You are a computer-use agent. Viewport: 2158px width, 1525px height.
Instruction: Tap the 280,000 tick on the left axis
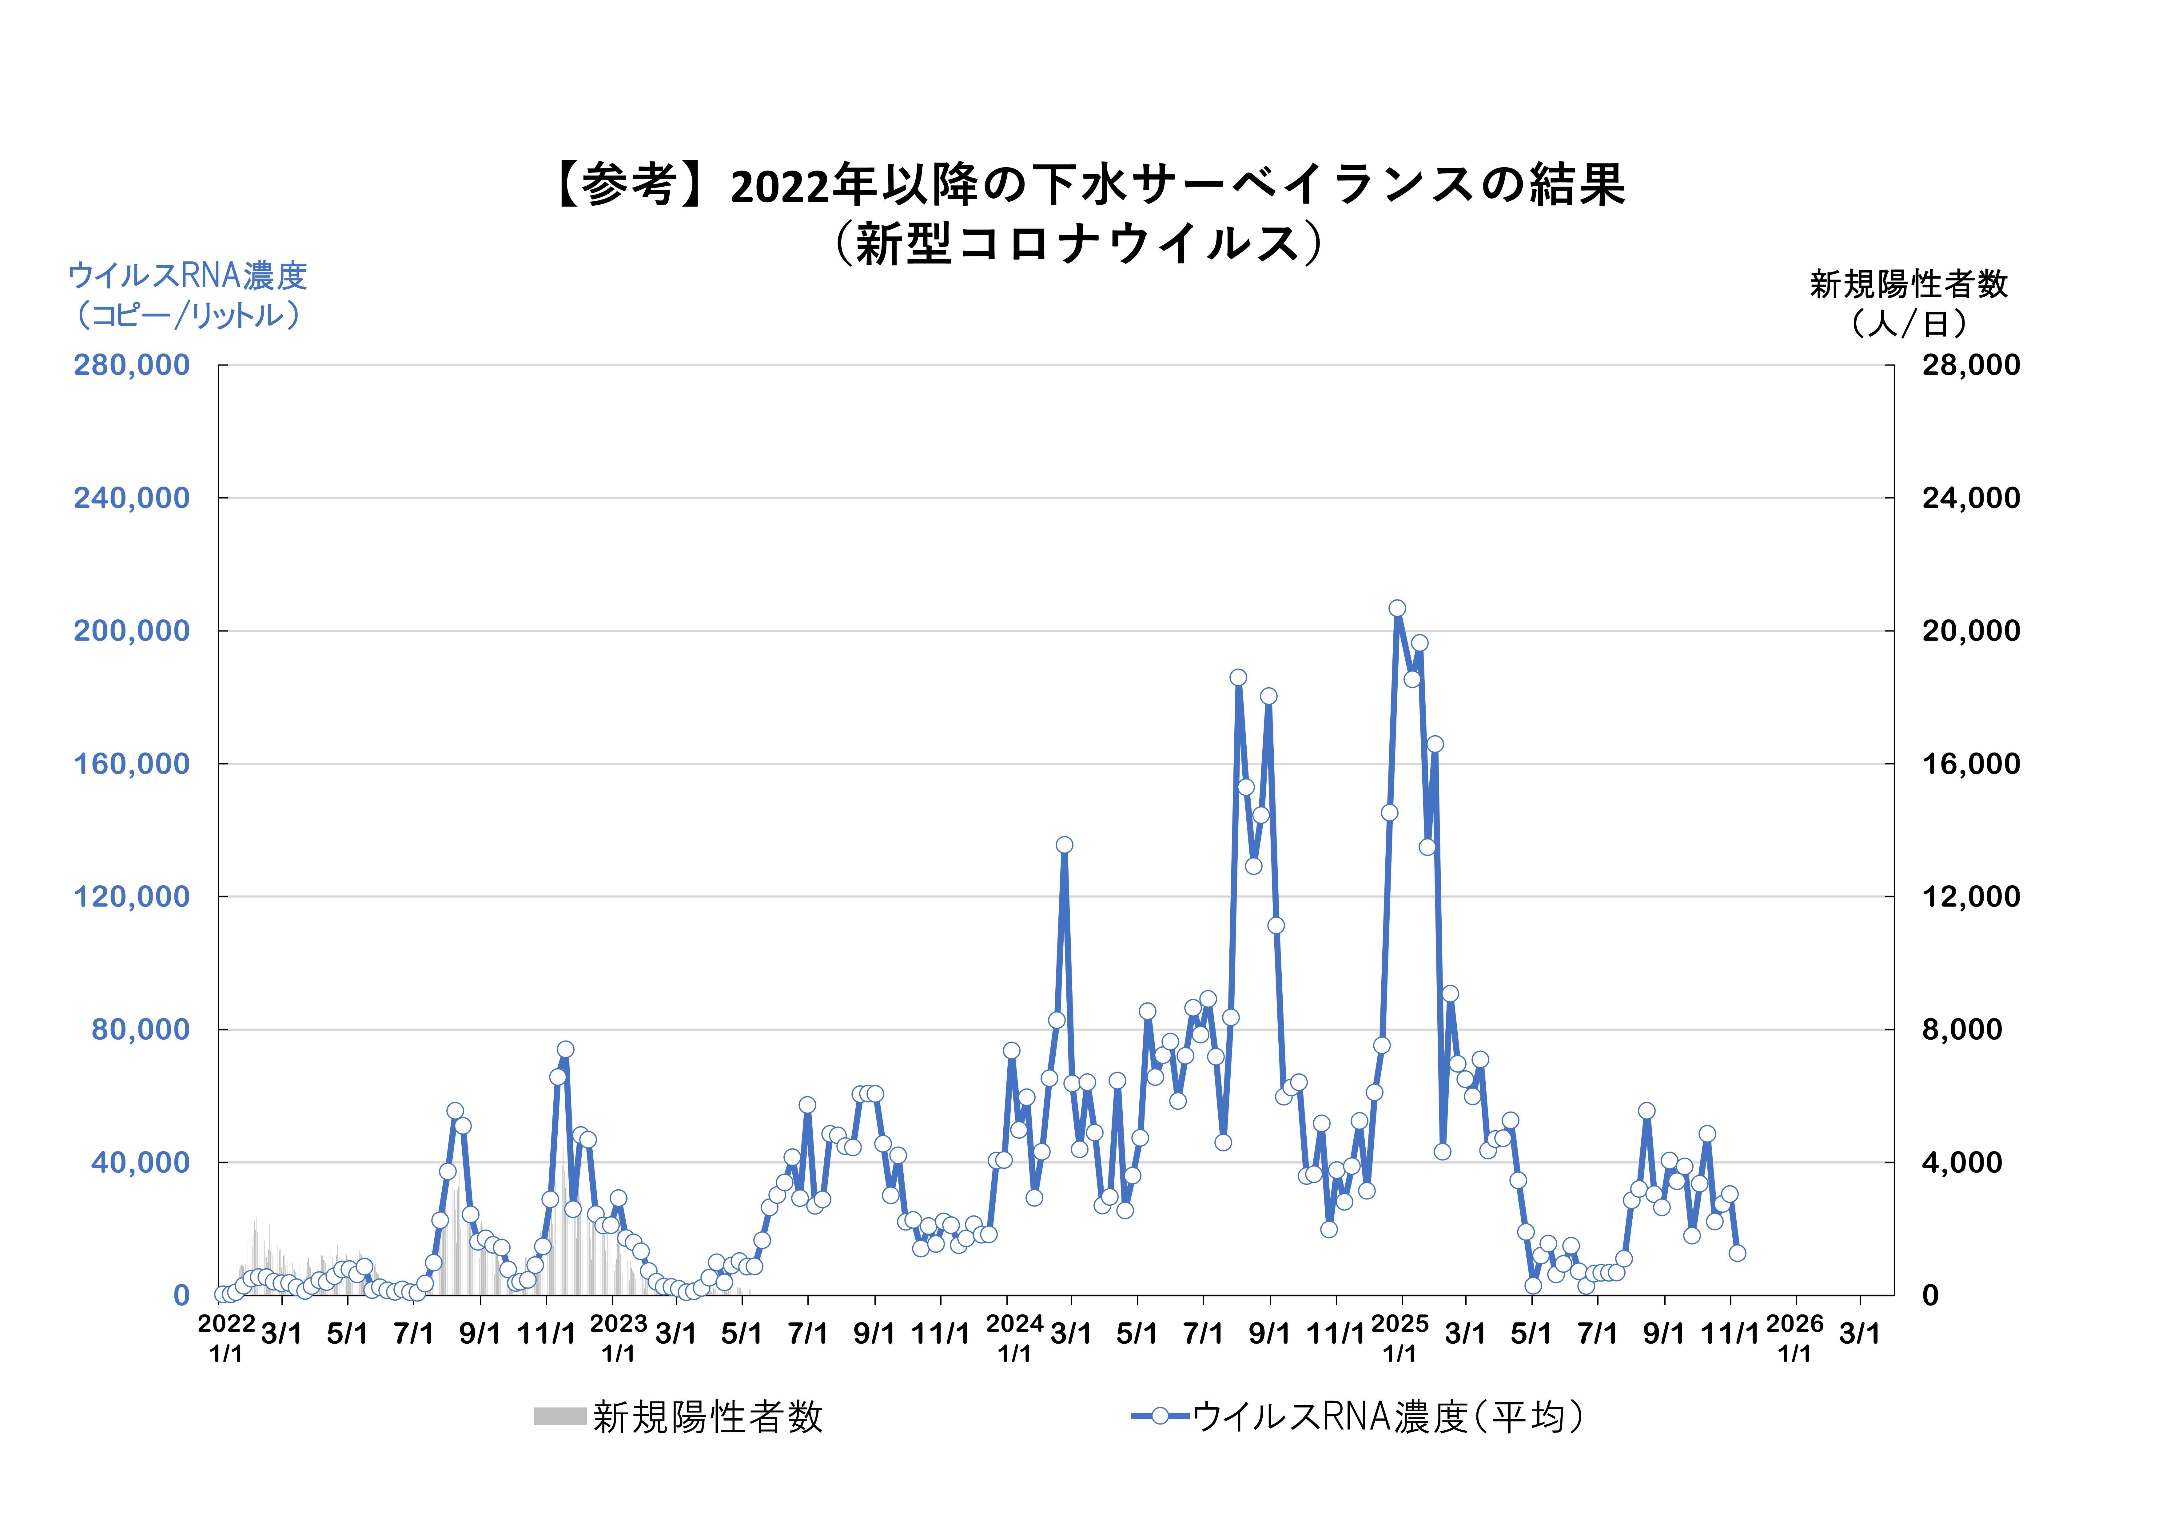[x=132, y=365]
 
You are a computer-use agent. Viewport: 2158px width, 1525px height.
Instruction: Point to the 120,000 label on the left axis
[x=132, y=897]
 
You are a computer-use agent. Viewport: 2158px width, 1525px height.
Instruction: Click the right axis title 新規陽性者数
[x=1908, y=284]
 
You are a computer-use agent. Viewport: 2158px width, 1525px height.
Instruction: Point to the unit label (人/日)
[x=1908, y=323]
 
